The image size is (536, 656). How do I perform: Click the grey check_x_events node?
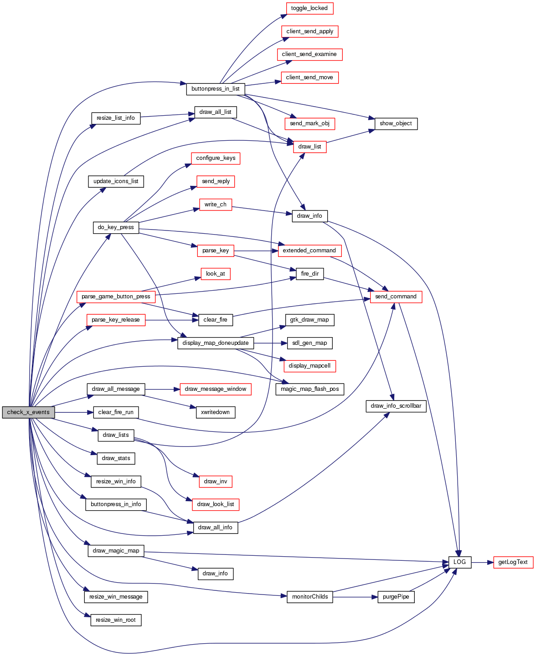tap(28, 412)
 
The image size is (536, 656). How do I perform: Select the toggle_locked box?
tap(309, 8)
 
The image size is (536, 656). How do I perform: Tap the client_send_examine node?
tap(309, 54)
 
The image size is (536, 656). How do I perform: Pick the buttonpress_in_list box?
tap(215, 89)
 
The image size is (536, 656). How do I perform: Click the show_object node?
tap(396, 123)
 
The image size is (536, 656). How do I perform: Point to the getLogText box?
tap(513, 562)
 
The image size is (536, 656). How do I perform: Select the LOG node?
tap(459, 562)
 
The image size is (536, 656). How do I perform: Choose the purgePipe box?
tap(396, 597)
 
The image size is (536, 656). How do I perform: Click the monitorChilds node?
tap(310, 597)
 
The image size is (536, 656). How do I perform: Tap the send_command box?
tap(396, 297)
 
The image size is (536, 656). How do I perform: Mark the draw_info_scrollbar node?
tap(396, 406)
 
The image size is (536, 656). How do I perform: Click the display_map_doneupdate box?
tap(215, 343)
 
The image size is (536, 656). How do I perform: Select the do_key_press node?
tap(116, 227)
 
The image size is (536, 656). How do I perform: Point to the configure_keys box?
tap(216, 158)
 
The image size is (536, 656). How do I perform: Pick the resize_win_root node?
tap(116, 620)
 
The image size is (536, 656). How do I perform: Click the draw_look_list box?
tap(216, 504)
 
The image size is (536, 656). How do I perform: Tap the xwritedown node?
tap(215, 412)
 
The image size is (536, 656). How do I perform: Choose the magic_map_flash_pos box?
tap(309, 389)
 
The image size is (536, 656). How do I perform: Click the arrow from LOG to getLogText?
tap(482, 562)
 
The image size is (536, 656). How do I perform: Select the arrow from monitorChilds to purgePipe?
tap(356, 597)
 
